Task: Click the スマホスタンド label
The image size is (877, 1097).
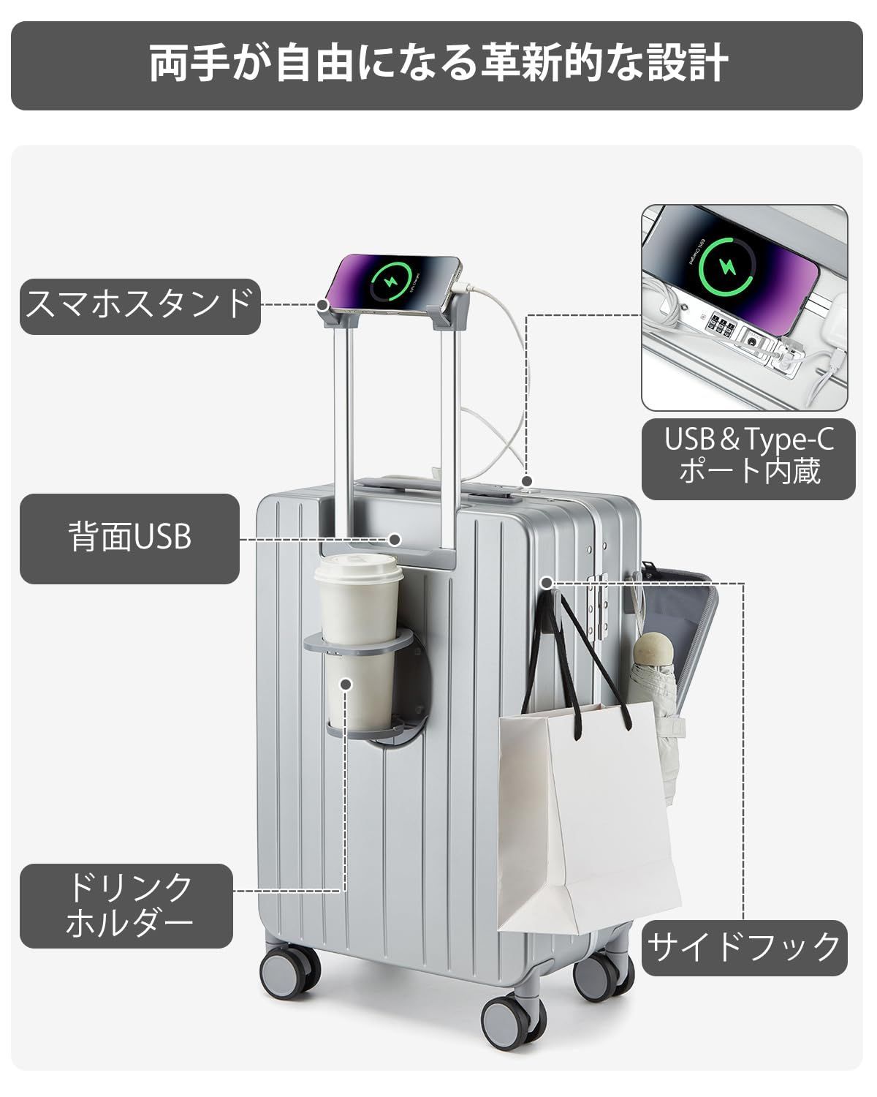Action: pos(140,306)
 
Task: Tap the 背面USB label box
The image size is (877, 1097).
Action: pos(129,538)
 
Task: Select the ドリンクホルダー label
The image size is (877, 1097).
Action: pos(126,905)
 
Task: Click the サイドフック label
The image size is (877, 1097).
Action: pos(744,947)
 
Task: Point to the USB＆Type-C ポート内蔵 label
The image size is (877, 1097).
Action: pos(748,455)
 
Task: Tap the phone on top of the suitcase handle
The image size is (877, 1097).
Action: pos(395,285)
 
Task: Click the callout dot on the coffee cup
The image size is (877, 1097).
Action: pos(346,683)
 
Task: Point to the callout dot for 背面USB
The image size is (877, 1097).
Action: pos(395,540)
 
